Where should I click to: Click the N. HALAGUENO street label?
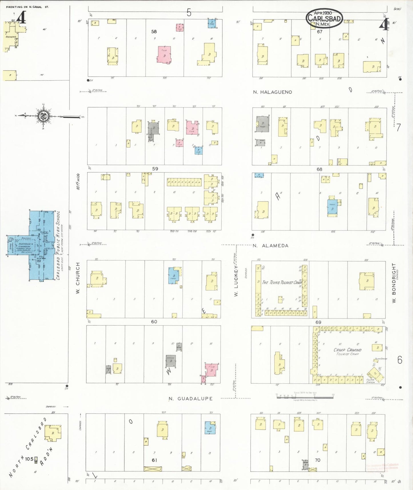[x=272, y=92]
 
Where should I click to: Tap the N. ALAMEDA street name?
[x=270, y=246]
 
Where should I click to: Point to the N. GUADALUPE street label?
[x=190, y=399]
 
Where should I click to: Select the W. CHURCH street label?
[x=78, y=278]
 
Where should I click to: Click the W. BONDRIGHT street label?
[x=394, y=283]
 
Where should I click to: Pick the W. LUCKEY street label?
[x=236, y=281]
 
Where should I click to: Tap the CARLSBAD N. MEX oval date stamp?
[x=324, y=18]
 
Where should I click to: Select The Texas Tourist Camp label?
[x=282, y=282]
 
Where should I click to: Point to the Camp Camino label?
[x=347, y=350]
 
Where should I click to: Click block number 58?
[x=154, y=32]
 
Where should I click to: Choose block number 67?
[x=319, y=32]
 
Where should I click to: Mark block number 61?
[x=154, y=460]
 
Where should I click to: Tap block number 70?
[x=317, y=460]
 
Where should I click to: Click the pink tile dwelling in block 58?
[x=164, y=54]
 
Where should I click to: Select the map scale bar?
[x=305, y=396]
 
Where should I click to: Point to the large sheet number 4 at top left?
[x=21, y=18]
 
